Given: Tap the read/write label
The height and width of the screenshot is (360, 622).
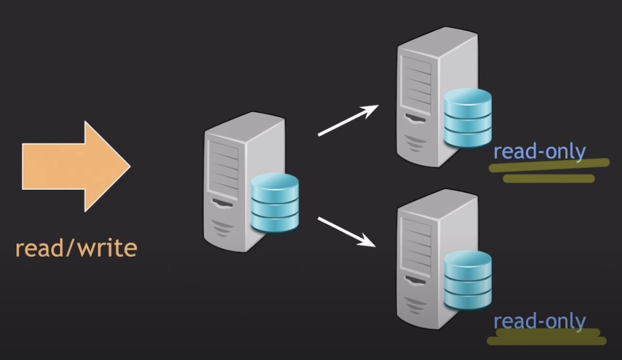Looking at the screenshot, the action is click(x=76, y=248).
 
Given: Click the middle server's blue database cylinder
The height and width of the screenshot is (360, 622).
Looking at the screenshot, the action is click(x=275, y=203).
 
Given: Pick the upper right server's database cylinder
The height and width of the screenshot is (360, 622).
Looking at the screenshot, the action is click(x=467, y=118).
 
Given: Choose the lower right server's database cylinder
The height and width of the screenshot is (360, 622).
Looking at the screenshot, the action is click(x=467, y=280).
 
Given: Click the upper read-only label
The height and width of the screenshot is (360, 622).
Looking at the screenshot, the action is click(x=539, y=152).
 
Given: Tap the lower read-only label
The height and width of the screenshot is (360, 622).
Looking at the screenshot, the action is click(x=539, y=321).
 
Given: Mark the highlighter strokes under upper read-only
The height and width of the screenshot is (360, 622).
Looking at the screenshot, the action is click(x=548, y=171).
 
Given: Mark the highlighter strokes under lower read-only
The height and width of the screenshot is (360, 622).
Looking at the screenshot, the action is click(x=546, y=337).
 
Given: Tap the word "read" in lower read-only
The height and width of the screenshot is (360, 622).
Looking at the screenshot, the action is click(x=512, y=321).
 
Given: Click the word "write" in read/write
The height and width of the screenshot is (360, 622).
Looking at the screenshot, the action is click(x=108, y=248).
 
